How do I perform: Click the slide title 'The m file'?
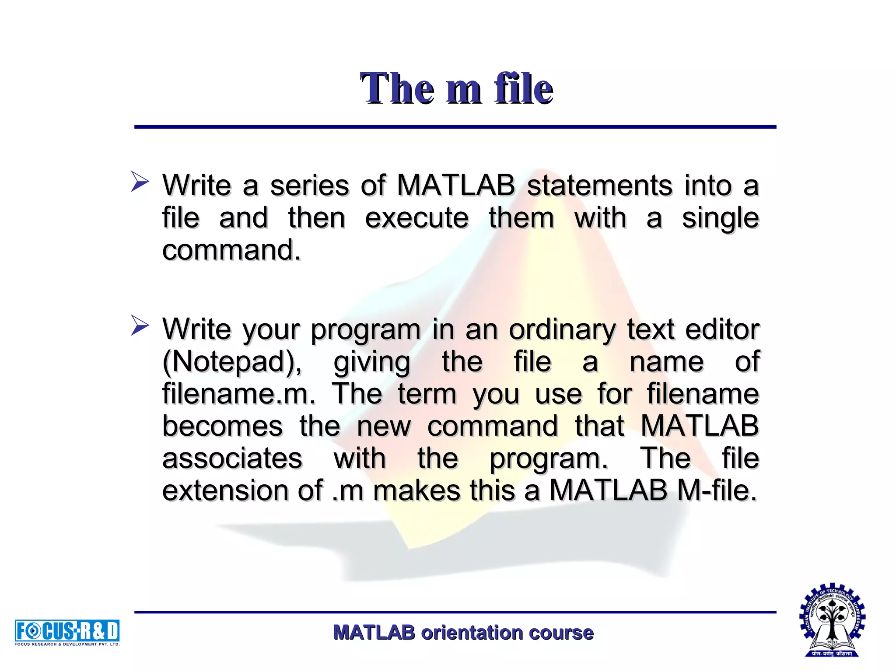456,88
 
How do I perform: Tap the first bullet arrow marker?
140,182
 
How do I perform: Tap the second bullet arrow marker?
140,325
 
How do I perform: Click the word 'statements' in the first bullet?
600,185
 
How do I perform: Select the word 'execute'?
416,218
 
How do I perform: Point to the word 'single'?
720,219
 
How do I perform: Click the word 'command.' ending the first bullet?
231,250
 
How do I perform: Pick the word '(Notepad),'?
231,362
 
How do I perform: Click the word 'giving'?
372,362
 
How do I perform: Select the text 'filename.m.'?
238,394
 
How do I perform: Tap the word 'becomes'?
222,426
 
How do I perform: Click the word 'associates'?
232,458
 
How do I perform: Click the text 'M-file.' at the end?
717,490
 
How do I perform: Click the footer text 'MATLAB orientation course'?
463,633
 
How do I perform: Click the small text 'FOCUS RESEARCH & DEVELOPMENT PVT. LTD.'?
67,644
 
